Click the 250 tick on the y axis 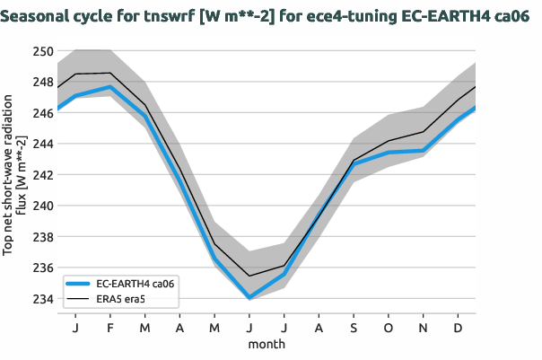coord(42,50)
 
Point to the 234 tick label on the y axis coord(42,298)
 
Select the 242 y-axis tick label coord(42,174)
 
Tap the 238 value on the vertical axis coord(42,236)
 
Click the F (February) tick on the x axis coord(109,328)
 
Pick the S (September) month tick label coord(354,328)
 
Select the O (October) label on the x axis coord(389,328)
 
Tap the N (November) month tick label coord(424,328)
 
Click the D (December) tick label coord(459,328)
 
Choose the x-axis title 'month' coord(267,344)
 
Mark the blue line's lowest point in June coord(249,297)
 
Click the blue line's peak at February coord(109,87)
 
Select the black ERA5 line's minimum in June coord(249,276)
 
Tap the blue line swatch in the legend coord(80,283)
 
